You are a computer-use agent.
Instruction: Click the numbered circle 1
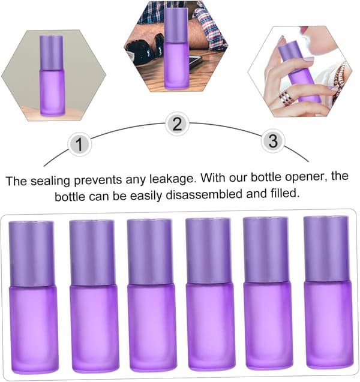point(79,144)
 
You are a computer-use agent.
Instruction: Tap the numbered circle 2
point(177,124)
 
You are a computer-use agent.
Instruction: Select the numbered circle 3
point(273,141)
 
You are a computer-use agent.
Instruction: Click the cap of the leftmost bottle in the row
point(31,254)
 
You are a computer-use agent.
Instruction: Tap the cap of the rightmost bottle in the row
point(326,248)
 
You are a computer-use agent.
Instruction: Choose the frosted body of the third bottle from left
point(152,327)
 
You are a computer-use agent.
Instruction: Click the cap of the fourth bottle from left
point(208,251)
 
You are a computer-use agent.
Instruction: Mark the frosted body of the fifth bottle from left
point(268,325)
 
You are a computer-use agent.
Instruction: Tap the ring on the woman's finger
point(286,97)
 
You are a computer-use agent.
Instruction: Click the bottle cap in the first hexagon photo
point(52,53)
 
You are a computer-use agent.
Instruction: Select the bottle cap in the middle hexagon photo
point(176,25)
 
